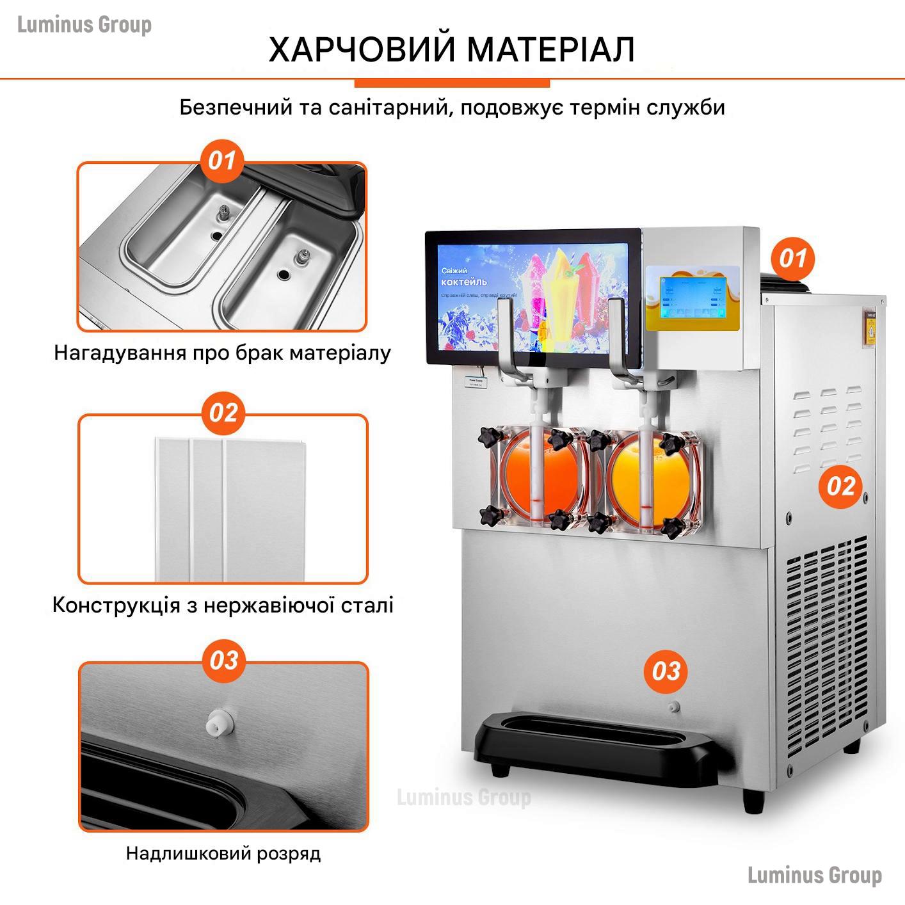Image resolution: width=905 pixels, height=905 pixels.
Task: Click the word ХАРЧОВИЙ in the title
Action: click(358, 49)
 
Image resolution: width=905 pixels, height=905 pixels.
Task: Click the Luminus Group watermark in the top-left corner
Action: click(84, 25)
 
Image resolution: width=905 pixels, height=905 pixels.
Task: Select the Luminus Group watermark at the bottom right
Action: click(814, 874)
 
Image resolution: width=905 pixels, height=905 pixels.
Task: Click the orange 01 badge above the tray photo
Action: click(222, 161)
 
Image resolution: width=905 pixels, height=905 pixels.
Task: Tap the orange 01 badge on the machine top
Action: click(792, 259)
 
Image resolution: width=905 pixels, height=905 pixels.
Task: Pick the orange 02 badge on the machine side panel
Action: click(840, 486)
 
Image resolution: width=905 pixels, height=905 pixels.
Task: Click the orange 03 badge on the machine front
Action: click(666, 671)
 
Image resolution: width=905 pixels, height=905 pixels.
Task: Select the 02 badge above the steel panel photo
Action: click(223, 413)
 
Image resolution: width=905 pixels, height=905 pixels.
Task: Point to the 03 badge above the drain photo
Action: click(223, 660)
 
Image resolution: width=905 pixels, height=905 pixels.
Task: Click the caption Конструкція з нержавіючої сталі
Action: click(223, 605)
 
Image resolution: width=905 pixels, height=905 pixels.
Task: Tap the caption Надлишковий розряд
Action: click(223, 853)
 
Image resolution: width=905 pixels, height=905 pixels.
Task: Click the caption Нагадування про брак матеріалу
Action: click(222, 353)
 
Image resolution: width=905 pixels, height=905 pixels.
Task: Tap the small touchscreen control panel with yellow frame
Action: click(692, 298)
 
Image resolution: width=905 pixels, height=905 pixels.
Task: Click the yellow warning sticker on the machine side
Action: click(870, 330)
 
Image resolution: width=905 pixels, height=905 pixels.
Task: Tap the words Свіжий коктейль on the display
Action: click(463, 276)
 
